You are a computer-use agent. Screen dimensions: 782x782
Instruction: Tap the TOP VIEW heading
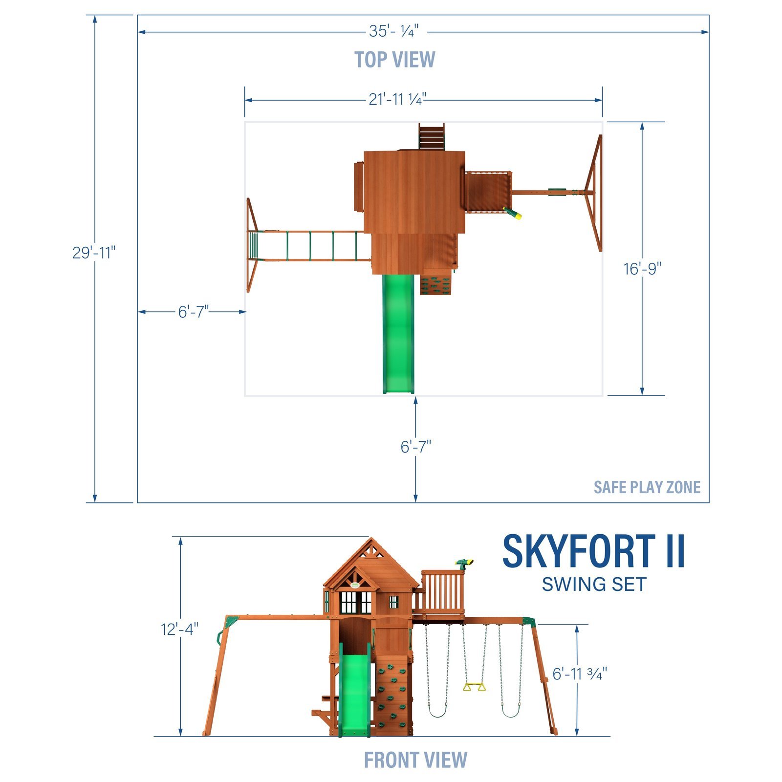click(x=394, y=60)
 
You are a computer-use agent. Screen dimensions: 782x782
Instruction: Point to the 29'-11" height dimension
click(x=94, y=253)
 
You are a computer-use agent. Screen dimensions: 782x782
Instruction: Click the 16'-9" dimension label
click(x=642, y=268)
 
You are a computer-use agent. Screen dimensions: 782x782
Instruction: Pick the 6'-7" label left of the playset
click(x=193, y=311)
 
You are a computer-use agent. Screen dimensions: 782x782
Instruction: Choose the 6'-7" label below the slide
click(x=416, y=446)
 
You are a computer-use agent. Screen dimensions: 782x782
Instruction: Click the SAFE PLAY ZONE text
click(x=647, y=487)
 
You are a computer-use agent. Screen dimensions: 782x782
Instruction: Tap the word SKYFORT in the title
click(x=579, y=552)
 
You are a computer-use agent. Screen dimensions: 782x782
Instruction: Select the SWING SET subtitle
click(x=594, y=585)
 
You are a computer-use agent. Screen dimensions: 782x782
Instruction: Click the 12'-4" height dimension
click(x=180, y=629)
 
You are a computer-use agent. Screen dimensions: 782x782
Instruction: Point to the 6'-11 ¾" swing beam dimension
click(x=580, y=673)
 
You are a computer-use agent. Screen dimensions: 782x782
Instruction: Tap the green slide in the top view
click(x=398, y=332)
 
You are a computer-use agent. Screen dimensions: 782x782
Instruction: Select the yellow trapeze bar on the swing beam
click(x=474, y=687)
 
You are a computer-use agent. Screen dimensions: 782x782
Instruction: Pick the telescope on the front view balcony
click(x=464, y=563)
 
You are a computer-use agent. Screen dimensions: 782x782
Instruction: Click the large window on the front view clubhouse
click(x=356, y=602)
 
